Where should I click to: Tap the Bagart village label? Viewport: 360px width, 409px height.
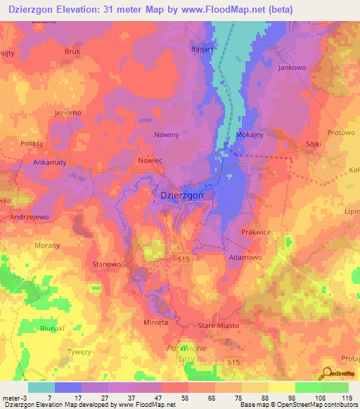click(x=203, y=49)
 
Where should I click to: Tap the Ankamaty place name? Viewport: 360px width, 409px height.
click(x=50, y=162)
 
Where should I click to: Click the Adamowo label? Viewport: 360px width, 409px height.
click(x=245, y=258)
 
